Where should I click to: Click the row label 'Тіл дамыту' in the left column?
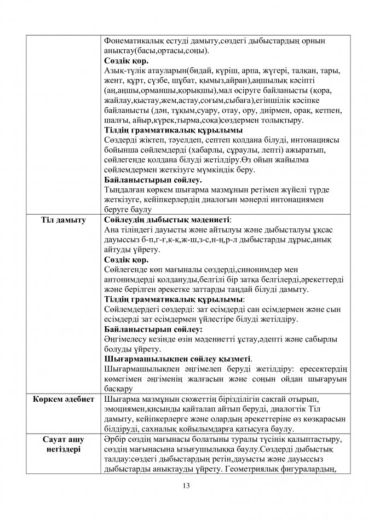[x=64, y=220]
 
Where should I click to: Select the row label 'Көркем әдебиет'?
[x=64, y=398]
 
